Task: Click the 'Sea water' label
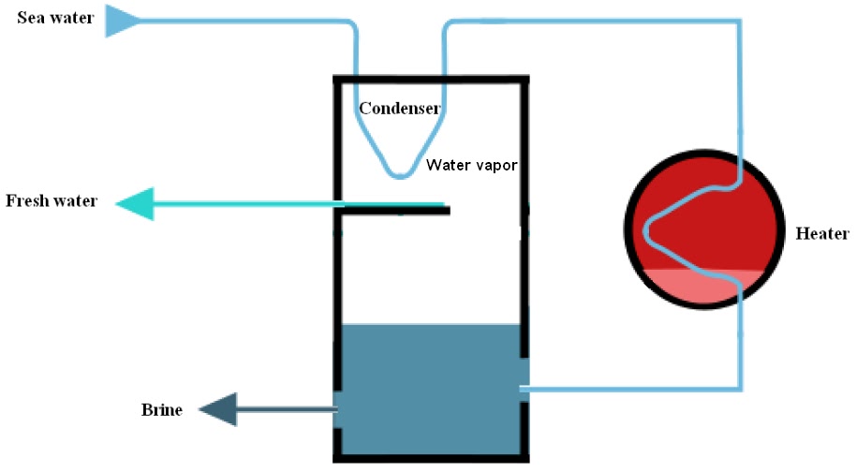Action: tap(55, 17)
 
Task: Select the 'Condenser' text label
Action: tap(400, 109)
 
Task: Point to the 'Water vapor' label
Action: tap(472, 165)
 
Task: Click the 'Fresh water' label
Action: tap(52, 200)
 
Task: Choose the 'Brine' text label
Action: tap(162, 409)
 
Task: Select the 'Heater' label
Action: tap(821, 233)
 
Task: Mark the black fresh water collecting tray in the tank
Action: tap(393, 210)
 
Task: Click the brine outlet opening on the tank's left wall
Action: tap(337, 408)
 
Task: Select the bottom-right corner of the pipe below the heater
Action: tap(742, 386)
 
